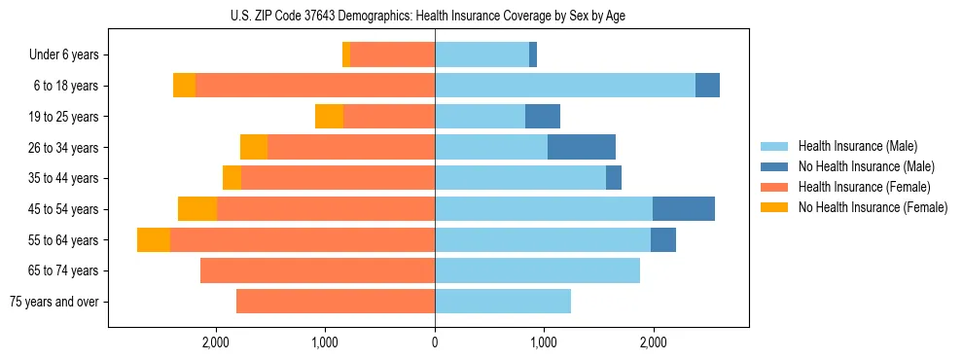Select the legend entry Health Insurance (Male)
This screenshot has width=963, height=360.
(x=857, y=146)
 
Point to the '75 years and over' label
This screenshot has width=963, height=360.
(x=54, y=302)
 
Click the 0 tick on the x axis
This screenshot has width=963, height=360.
(x=435, y=342)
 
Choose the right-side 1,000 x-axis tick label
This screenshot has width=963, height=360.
(x=544, y=342)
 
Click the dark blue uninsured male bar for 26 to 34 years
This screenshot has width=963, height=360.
(x=582, y=147)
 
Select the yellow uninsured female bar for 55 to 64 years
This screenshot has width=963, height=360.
(x=154, y=239)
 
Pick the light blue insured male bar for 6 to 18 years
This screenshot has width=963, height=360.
(x=565, y=86)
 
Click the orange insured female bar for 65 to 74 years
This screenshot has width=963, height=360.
(x=317, y=270)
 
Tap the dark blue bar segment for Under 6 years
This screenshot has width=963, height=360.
(x=533, y=54)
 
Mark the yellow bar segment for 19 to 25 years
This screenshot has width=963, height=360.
(x=329, y=117)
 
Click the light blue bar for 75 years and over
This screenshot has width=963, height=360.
(x=503, y=302)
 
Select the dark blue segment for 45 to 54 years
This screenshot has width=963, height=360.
(x=684, y=209)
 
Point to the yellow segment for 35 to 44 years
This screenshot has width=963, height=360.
(x=232, y=178)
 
